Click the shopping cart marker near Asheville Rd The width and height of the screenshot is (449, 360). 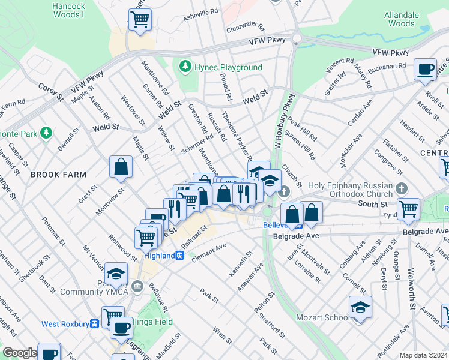(140, 20)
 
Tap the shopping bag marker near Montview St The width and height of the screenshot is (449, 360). (121, 167)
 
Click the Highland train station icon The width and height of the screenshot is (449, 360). (179, 256)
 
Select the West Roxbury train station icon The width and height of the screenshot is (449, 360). (94, 324)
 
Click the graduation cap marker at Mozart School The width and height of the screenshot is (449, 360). (360, 307)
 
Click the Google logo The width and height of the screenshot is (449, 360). (20, 353)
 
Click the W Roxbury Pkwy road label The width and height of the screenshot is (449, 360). (284, 121)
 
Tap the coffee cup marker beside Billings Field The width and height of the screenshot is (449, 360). (121, 328)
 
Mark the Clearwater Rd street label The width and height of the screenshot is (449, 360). (246, 28)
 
